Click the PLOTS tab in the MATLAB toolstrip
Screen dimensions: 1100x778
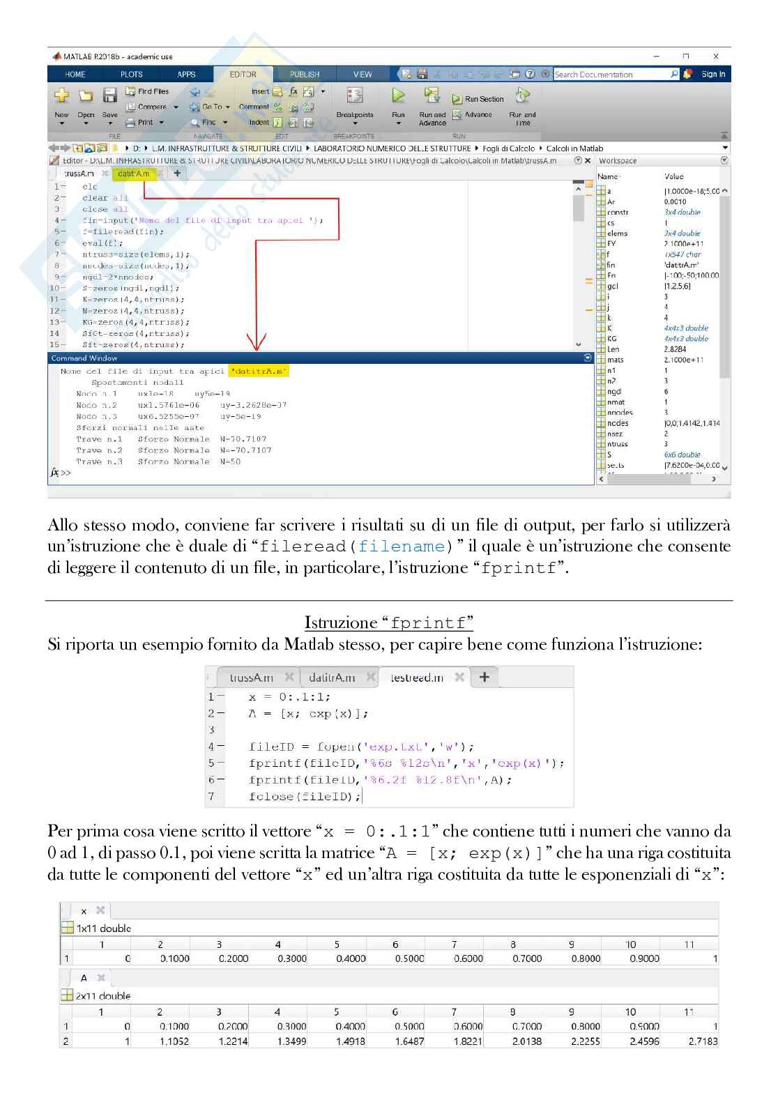(131, 74)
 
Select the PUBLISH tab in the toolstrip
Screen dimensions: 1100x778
(304, 74)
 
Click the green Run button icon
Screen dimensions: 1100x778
(398, 96)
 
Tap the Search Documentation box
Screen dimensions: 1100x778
(612, 74)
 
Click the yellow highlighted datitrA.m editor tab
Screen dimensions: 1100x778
(133, 174)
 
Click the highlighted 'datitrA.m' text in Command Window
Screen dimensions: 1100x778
(259, 371)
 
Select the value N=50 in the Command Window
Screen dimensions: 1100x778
(230, 461)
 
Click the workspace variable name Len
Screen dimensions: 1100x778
(613, 349)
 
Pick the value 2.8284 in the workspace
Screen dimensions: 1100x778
(675, 349)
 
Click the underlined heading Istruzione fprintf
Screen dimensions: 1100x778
(389, 622)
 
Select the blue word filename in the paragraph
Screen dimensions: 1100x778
(401, 547)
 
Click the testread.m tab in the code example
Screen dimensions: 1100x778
(417, 678)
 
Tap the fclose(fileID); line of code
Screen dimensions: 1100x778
(305, 796)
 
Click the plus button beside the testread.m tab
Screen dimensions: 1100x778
(485, 677)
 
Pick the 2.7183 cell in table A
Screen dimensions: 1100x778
(703, 1041)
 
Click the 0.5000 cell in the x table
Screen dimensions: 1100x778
(409, 958)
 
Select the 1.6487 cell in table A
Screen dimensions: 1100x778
(409, 1041)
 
